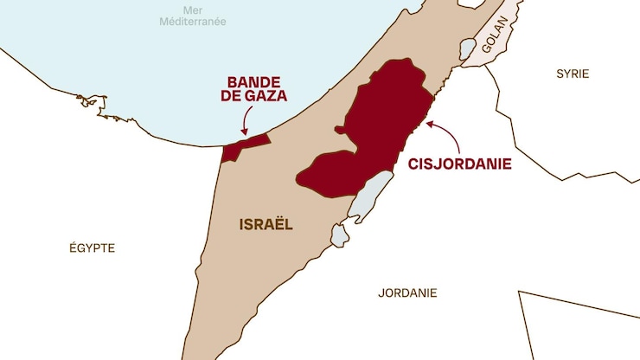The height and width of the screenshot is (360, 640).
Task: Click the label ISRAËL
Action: pyautogui.click(x=266, y=224)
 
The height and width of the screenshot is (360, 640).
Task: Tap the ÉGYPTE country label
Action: pyautogui.click(x=92, y=247)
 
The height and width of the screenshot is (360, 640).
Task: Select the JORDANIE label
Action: pyautogui.click(x=407, y=292)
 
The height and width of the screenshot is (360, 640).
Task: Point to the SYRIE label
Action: pyautogui.click(x=573, y=74)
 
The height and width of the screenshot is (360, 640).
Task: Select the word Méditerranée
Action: pyautogui.click(x=191, y=21)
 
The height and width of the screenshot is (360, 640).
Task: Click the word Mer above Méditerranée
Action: pyautogui.click(x=191, y=8)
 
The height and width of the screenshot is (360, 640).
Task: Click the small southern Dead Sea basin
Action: pyautogui.click(x=339, y=233)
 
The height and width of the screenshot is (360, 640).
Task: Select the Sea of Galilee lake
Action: pyautogui.click(x=467, y=48)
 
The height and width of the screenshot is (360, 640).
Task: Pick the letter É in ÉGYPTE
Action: pyautogui.click(x=73, y=247)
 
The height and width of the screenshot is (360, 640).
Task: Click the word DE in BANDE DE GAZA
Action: pyautogui.click(x=235, y=97)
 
